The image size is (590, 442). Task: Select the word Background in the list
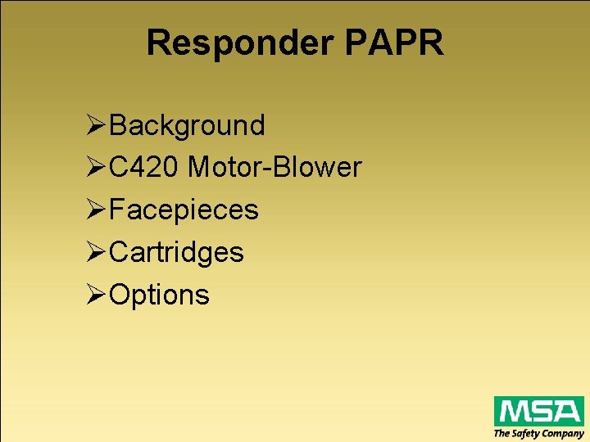[187, 125]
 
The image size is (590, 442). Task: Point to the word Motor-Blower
[275, 168]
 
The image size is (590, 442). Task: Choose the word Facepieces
[184, 210]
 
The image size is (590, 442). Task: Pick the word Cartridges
[176, 252]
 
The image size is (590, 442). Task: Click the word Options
[159, 295]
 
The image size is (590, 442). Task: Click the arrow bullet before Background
[95, 125]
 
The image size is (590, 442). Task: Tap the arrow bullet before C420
[95, 168]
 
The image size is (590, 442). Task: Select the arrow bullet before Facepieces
[95, 210]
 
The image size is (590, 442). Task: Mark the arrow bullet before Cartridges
[95, 252]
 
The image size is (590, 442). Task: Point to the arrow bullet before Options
[95, 295]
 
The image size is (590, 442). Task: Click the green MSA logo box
[538, 411]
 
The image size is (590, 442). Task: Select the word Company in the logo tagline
[565, 434]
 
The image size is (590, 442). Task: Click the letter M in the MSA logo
[513, 411]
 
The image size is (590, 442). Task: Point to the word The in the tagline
[501, 434]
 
